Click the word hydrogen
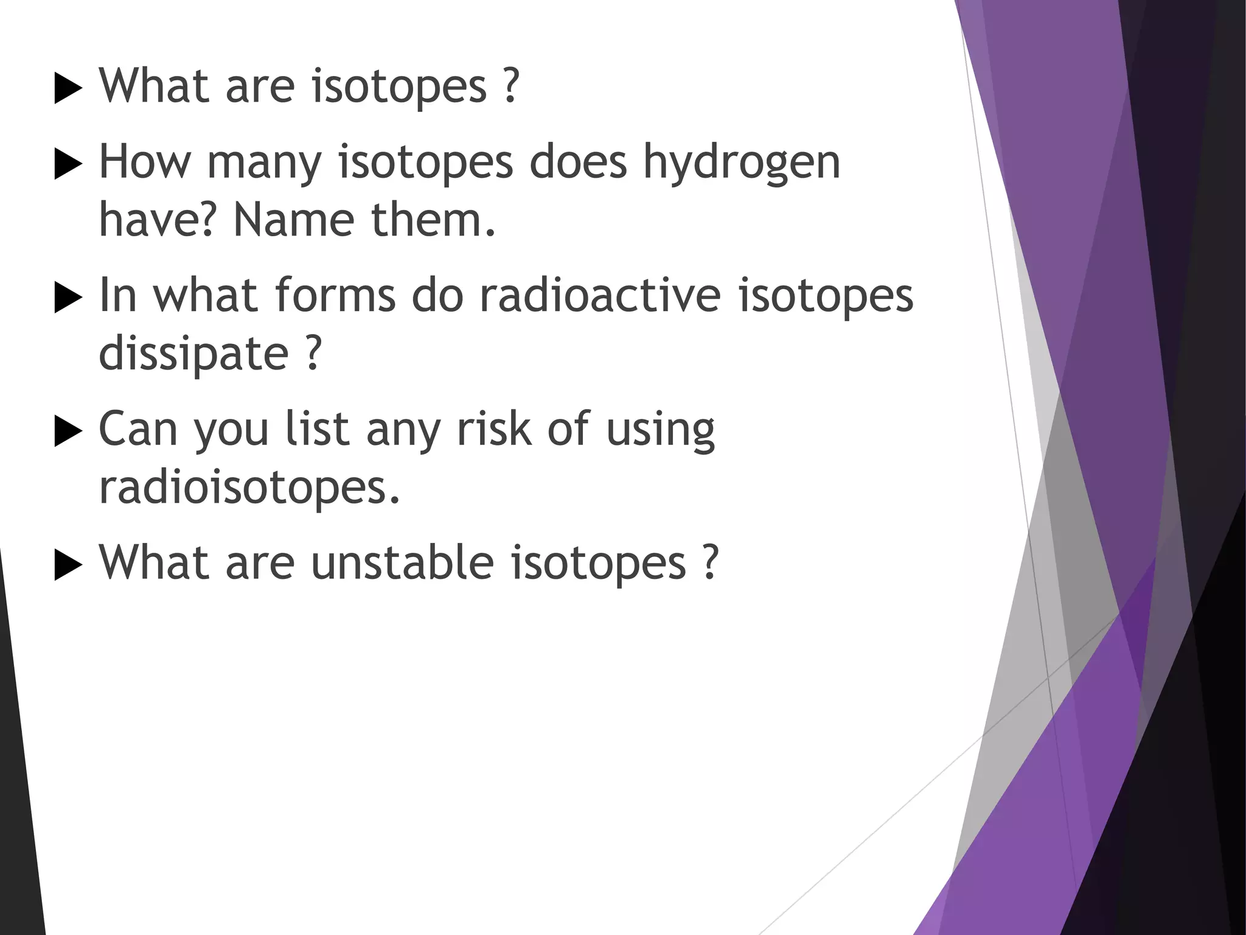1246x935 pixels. coord(742,163)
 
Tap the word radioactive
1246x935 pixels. coord(599,296)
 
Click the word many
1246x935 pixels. coord(263,163)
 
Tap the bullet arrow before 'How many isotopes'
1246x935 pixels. coord(68,164)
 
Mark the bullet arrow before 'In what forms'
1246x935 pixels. coord(68,298)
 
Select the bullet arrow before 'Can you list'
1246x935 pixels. coord(68,432)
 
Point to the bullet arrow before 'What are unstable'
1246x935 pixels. coord(68,566)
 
